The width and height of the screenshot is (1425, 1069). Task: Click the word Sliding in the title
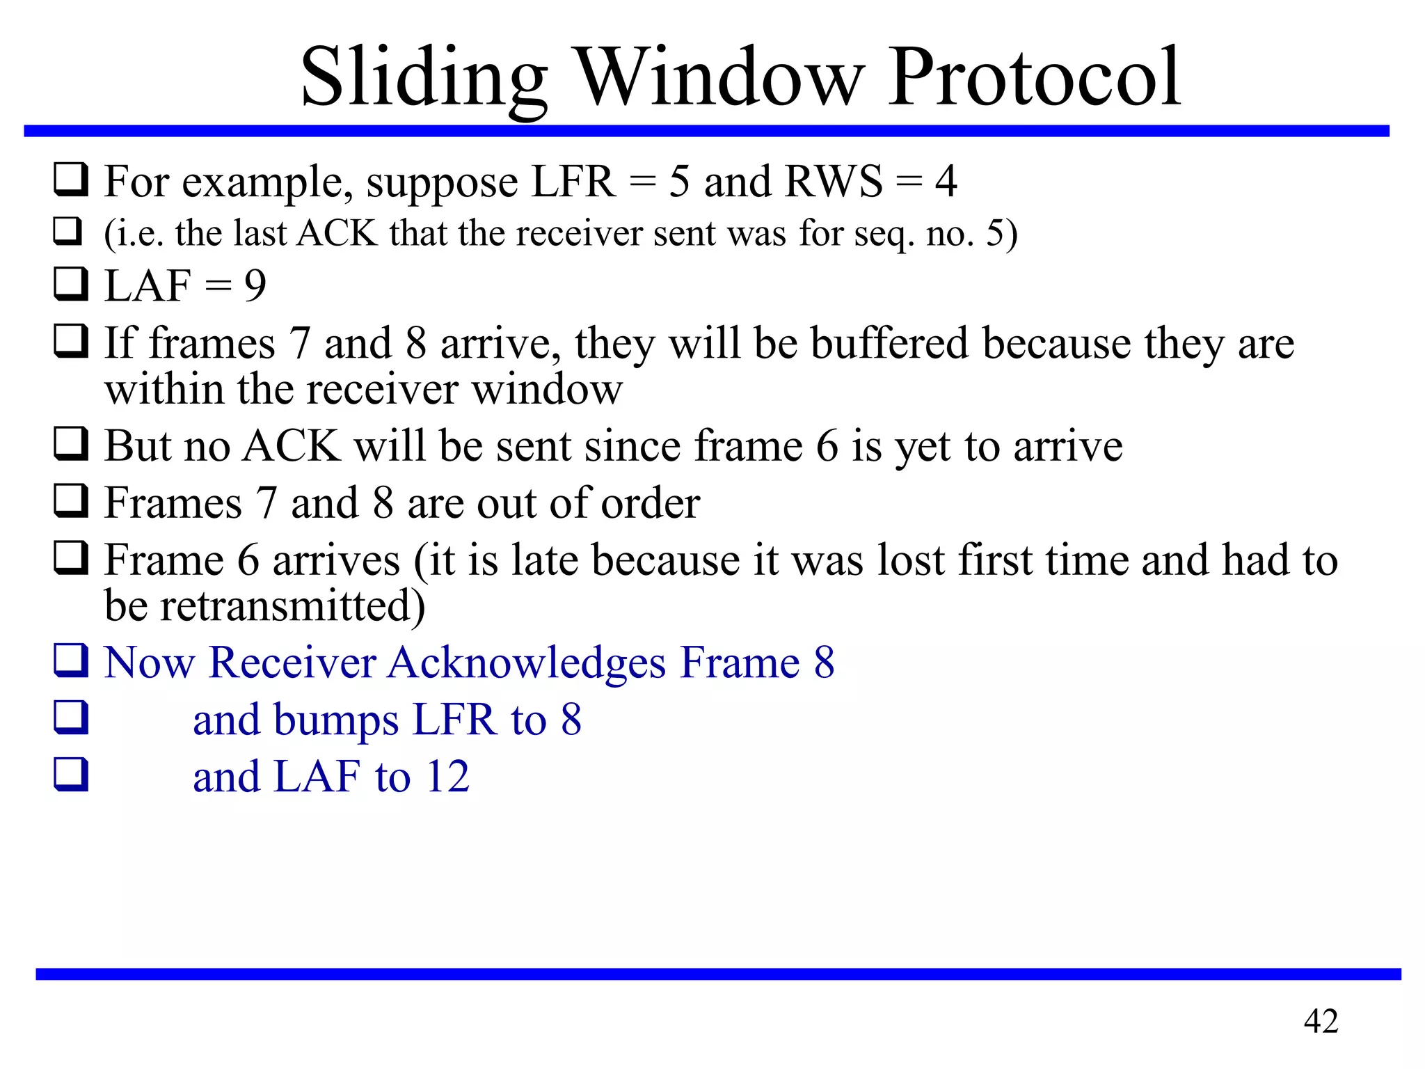[x=424, y=78]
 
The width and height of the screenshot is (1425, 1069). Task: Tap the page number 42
[x=1321, y=1021]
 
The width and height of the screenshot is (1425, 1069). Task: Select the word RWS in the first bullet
[x=834, y=182]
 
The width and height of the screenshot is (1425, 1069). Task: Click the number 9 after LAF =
[x=255, y=285]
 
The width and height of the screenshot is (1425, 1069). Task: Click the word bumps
[x=336, y=720]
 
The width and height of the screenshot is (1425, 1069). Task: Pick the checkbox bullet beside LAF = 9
[x=71, y=285]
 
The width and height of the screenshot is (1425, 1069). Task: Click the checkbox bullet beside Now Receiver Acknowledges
[x=71, y=661]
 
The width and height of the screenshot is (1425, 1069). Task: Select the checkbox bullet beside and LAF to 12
[x=71, y=775]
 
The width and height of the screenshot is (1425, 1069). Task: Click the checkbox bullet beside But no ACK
[x=71, y=445]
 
